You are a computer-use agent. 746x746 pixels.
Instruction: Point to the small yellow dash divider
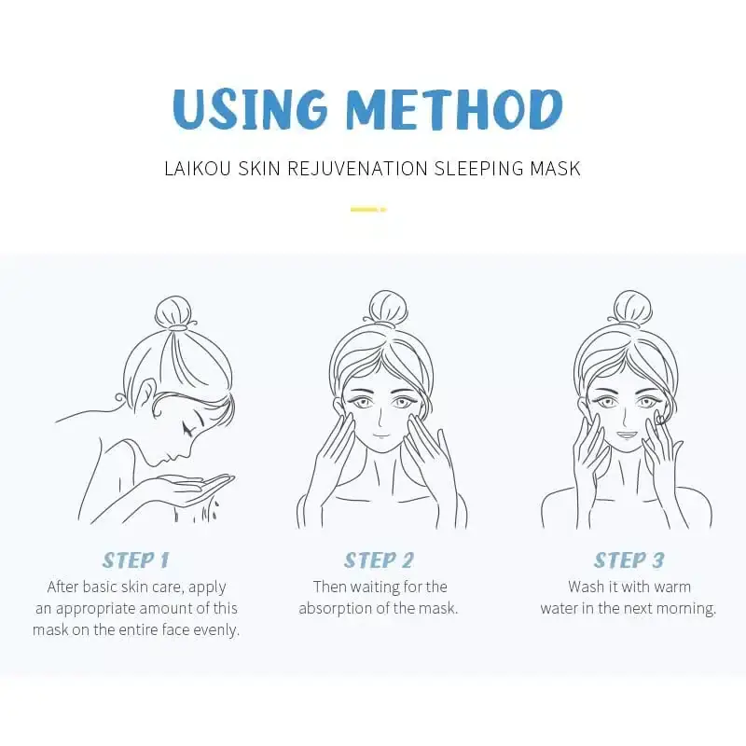(x=368, y=210)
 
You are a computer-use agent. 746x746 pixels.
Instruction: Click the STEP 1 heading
(x=135, y=560)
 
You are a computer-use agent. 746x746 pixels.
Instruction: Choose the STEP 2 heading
(x=379, y=560)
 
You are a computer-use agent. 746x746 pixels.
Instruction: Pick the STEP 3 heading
(x=629, y=560)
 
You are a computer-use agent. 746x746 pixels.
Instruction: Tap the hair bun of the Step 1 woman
(x=175, y=313)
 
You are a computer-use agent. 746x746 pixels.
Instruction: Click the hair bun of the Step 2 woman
(x=387, y=308)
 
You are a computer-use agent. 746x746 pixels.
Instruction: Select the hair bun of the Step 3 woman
(x=631, y=308)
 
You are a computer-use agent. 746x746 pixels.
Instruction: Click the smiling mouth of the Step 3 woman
(x=626, y=435)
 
